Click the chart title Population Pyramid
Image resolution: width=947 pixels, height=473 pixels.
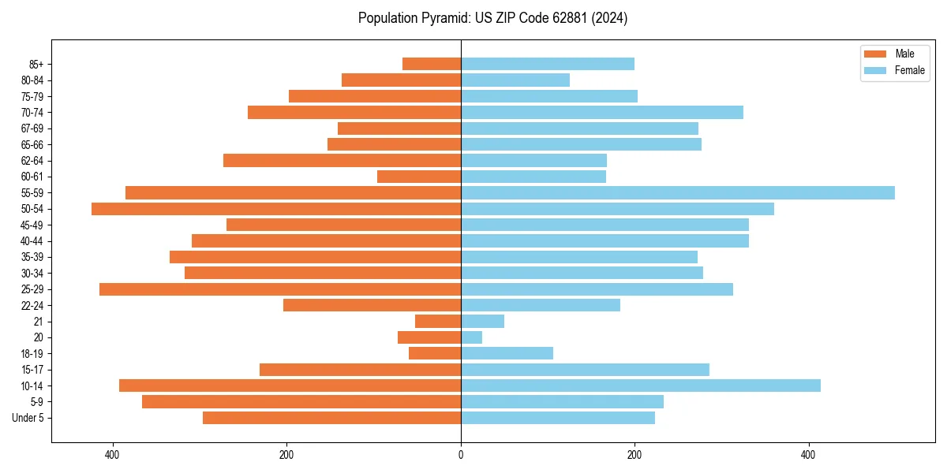click(x=492, y=18)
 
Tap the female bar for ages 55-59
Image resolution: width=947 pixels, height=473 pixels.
click(x=677, y=192)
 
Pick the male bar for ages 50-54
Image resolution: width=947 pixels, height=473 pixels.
click(x=276, y=209)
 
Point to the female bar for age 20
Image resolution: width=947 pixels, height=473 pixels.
click(x=471, y=337)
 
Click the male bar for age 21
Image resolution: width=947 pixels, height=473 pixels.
click(x=438, y=322)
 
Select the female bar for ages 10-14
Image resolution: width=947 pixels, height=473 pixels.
click(x=640, y=385)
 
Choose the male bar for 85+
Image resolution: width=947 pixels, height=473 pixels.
click(x=432, y=64)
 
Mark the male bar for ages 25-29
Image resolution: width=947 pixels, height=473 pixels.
click(x=280, y=289)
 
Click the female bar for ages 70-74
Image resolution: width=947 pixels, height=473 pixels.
click(x=601, y=112)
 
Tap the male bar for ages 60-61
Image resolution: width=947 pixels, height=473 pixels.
click(x=419, y=177)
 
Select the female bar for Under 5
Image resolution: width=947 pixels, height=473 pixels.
click(x=557, y=418)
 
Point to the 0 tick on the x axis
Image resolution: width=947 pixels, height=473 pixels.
click(x=461, y=455)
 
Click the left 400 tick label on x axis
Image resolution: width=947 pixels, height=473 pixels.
click(x=113, y=455)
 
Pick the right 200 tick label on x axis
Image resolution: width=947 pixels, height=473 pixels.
click(x=634, y=455)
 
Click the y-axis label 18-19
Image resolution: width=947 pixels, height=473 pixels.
click(x=32, y=354)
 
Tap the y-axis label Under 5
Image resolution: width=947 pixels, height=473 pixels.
click(x=28, y=418)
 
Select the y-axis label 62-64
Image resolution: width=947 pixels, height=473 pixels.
click(x=32, y=161)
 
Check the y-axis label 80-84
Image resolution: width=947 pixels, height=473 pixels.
click(x=32, y=80)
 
